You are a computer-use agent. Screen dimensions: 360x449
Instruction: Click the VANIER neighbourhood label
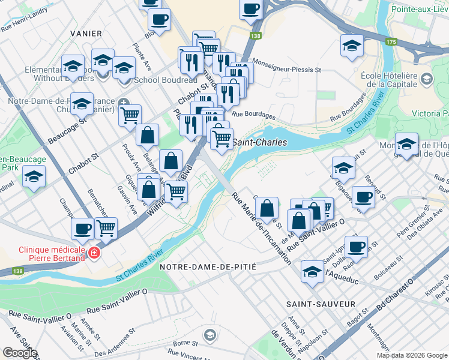(x=86, y=34)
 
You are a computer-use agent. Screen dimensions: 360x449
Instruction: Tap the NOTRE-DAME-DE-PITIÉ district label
(x=208, y=266)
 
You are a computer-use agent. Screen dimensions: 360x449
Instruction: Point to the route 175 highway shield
(x=391, y=41)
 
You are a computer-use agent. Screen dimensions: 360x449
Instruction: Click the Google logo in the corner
(x=20, y=353)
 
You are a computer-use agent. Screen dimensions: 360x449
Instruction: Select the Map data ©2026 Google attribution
(x=412, y=355)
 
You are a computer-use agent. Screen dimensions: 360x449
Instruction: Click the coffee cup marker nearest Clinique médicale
(x=82, y=228)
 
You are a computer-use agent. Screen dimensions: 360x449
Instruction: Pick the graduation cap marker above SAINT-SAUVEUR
(x=312, y=271)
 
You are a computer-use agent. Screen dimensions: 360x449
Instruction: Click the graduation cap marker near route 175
(x=352, y=45)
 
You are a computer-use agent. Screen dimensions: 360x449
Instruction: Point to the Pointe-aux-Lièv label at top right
(x=420, y=10)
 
